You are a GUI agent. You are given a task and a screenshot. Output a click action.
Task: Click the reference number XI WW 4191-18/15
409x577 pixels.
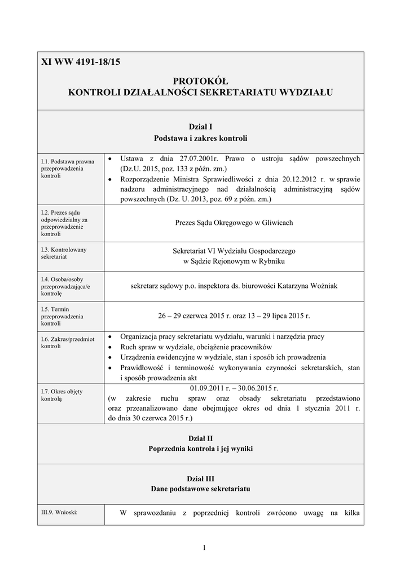coord(81,63)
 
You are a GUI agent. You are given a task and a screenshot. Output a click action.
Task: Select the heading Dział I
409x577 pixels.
coord(200,127)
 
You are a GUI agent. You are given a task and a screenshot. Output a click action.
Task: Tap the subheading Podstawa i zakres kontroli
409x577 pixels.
coord(200,137)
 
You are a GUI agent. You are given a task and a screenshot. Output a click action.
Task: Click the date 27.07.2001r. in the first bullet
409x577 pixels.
coord(196,159)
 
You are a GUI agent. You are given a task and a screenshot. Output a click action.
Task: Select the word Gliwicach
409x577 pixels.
coord(275,223)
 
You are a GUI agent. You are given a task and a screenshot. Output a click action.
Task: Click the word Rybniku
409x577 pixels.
coord(269,261)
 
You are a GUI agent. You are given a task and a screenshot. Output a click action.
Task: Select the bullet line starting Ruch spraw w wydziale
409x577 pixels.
coord(196,347)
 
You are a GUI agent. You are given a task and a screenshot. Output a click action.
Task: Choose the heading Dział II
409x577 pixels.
coord(200,438)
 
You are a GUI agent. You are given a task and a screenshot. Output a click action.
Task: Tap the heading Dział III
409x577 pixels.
coord(200,478)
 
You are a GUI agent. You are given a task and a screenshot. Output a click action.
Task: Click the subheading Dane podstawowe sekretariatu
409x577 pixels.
coord(200,489)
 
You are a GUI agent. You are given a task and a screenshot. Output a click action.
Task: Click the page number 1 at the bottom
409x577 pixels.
coord(204,548)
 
